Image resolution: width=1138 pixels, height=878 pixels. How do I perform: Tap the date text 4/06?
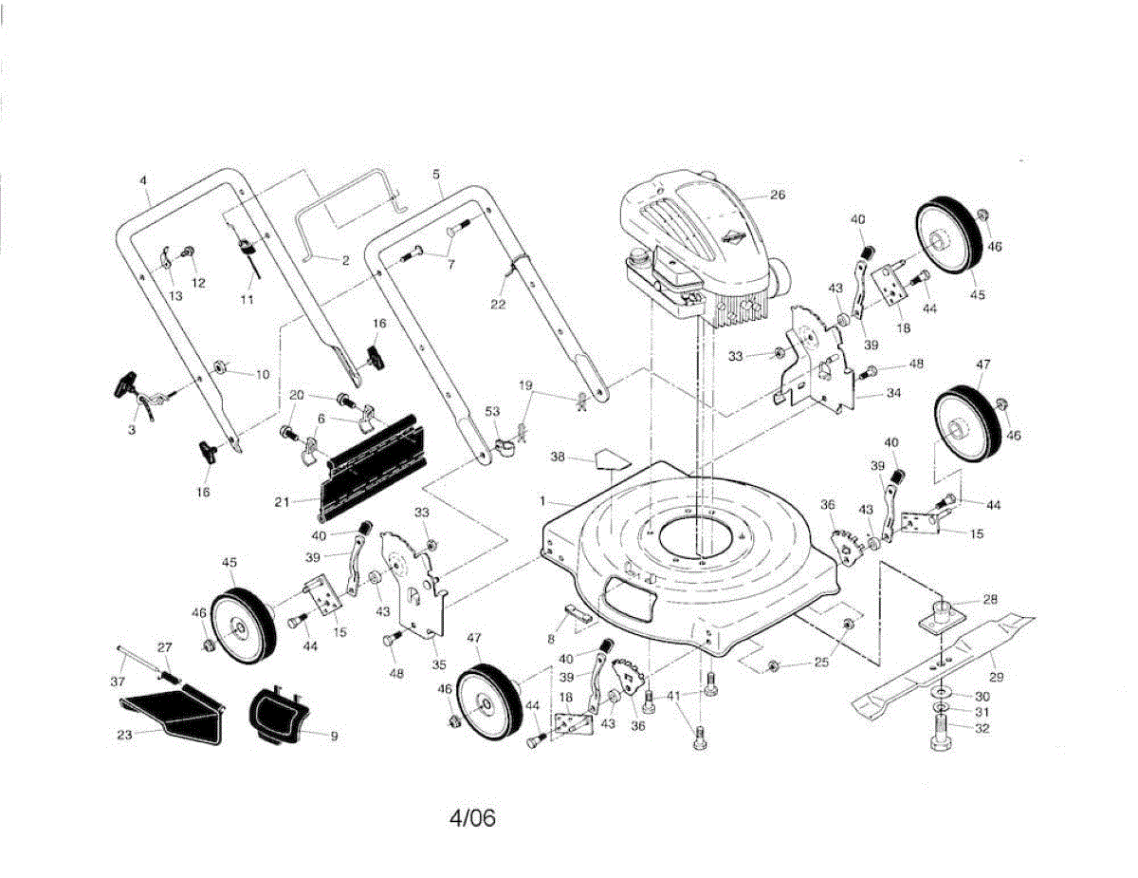click(x=472, y=817)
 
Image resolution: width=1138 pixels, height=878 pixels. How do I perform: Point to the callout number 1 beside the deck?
click(x=542, y=500)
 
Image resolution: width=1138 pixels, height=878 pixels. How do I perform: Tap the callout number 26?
click(x=778, y=195)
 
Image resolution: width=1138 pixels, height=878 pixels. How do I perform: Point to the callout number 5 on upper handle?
click(x=435, y=175)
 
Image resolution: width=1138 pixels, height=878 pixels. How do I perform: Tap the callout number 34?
click(x=892, y=392)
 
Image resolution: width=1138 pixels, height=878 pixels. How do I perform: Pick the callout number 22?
click(x=498, y=305)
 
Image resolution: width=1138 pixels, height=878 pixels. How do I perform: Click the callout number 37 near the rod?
click(x=117, y=682)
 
